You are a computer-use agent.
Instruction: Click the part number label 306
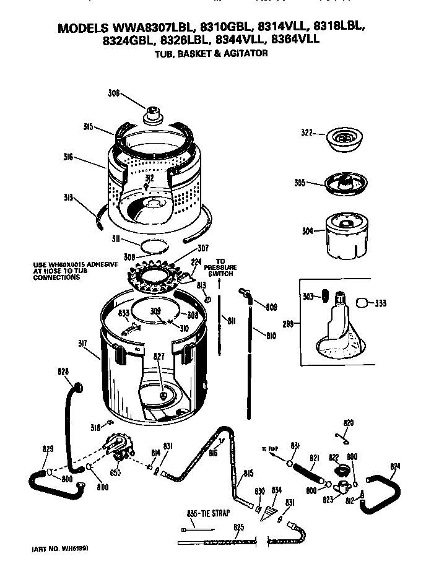point(113,93)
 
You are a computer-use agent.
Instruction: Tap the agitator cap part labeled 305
point(340,183)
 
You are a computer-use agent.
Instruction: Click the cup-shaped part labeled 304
point(342,235)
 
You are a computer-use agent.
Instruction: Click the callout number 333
point(381,303)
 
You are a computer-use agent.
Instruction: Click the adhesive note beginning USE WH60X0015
point(75,271)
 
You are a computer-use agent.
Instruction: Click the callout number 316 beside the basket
point(68,158)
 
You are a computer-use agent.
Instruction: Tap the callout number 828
point(63,371)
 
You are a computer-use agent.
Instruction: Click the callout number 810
point(271,337)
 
